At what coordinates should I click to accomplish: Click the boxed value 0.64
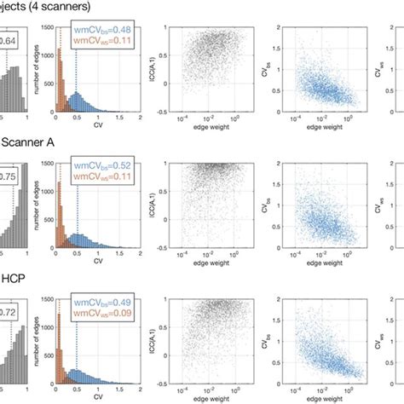tap(9, 39)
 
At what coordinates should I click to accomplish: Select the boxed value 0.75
tap(9, 176)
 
